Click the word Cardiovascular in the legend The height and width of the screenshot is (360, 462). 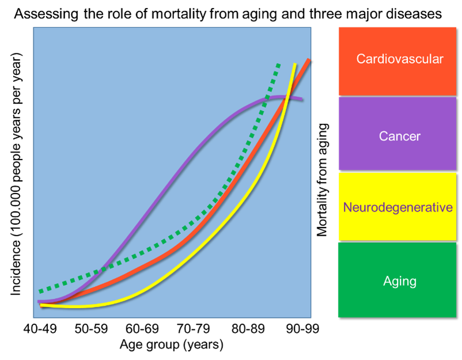(400, 59)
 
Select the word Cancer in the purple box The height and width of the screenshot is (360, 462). (400, 137)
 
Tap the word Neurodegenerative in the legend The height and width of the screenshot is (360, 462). (397, 207)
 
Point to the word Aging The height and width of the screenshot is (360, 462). (400, 281)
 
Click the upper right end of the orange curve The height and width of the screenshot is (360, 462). (309, 60)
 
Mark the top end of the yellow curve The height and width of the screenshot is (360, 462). (296, 63)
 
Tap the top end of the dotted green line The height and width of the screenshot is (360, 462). (279, 63)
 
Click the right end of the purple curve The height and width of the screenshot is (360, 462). (302, 100)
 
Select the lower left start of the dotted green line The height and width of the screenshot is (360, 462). (40, 291)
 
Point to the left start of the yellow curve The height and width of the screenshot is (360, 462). (41, 305)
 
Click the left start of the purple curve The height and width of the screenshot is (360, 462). (39, 301)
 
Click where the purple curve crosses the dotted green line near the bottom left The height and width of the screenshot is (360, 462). (102, 268)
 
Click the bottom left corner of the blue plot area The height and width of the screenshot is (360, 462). (33, 317)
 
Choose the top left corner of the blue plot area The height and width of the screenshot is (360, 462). (33, 27)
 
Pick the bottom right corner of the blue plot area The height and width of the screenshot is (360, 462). (311, 317)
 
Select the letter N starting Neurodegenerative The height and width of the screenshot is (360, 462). (347, 207)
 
